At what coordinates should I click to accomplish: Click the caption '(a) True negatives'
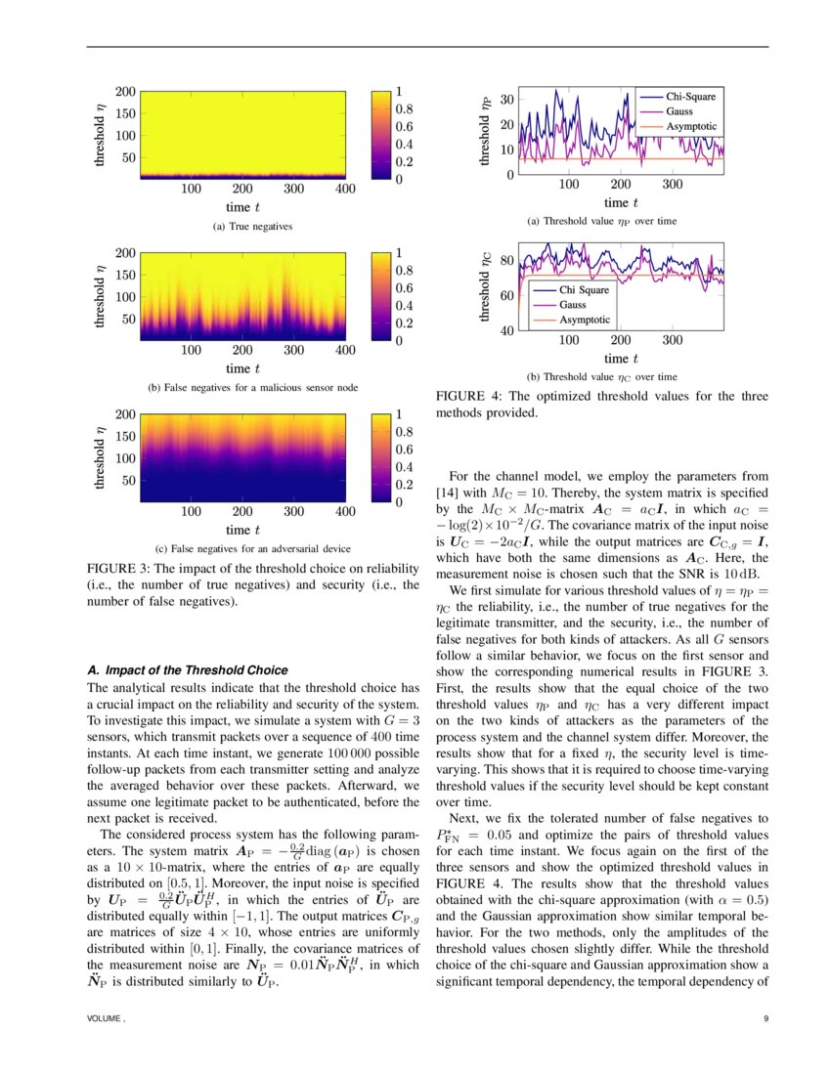point(253,227)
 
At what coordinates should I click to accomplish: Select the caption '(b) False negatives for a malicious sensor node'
point(253,388)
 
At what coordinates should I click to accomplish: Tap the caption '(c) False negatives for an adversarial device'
point(253,548)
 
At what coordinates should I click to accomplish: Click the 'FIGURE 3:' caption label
point(119,568)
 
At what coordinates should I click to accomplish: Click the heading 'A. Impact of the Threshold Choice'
point(188,670)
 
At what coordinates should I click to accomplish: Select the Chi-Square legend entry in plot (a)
point(691,97)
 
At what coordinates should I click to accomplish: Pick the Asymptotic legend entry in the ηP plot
point(691,127)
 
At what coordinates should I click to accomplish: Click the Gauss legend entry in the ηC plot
point(574,305)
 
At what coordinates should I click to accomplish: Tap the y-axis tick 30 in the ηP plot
point(506,100)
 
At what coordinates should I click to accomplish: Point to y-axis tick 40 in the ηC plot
point(506,330)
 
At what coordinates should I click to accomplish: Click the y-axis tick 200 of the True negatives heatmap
point(125,91)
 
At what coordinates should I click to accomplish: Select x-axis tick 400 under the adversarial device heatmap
point(345,511)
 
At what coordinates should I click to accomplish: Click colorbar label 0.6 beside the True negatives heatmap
point(403,127)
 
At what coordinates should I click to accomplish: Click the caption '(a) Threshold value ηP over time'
point(601,221)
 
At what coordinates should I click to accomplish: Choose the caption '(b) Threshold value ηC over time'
point(601,376)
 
